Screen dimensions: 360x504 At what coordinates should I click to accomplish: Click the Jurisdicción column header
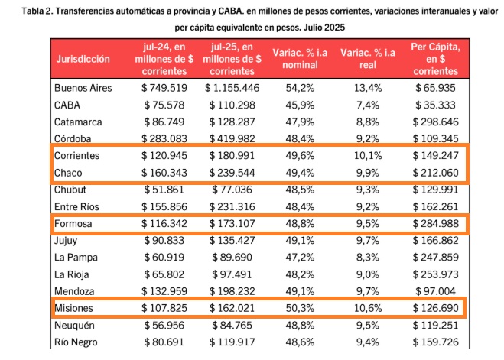tap(83, 58)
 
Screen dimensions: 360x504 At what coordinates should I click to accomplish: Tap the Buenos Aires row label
tap(83, 88)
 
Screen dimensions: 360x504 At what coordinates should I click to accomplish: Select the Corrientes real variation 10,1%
tap(367, 156)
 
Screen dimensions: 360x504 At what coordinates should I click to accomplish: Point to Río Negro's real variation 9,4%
tap(367, 342)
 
